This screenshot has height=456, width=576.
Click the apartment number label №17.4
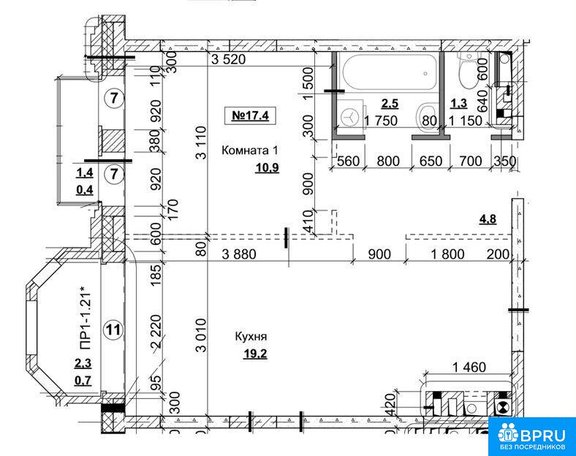(x=250, y=115)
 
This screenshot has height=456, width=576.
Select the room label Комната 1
(x=250, y=151)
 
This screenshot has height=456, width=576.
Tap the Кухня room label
(x=251, y=337)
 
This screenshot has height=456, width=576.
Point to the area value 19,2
(x=255, y=354)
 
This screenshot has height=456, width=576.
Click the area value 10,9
(x=267, y=168)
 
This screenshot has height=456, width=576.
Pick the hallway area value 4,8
(x=488, y=219)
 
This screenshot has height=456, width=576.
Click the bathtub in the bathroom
(x=390, y=72)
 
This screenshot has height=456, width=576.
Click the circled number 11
(x=113, y=330)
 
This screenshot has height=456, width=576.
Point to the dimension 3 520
(x=229, y=58)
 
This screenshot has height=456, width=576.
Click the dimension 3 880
(x=239, y=254)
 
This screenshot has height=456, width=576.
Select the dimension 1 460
(x=469, y=367)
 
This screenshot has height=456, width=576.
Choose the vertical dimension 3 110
(x=201, y=142)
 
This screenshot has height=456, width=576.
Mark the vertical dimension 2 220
(x=157, y=332)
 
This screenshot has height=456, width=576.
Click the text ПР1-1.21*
(x=85, y=320)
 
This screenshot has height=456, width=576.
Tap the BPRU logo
(x=532, y=436)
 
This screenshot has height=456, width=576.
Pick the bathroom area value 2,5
(x=390, y=104)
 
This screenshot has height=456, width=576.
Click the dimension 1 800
(x=447, y=254)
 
